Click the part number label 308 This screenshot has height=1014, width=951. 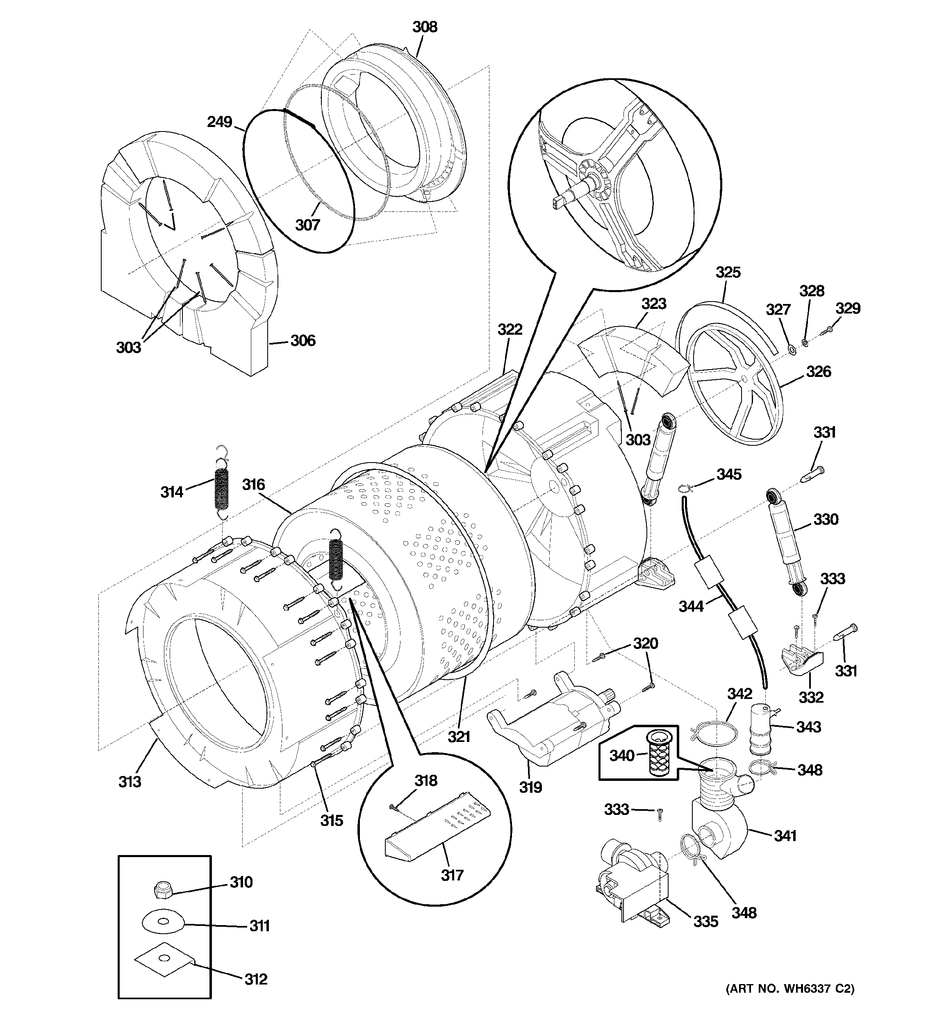point(425,27)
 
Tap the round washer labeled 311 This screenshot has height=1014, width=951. point(162,921)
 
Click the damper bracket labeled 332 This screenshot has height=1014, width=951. point(799,660)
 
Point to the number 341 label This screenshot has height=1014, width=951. point(785,835)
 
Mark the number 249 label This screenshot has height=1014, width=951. point(219,122)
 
